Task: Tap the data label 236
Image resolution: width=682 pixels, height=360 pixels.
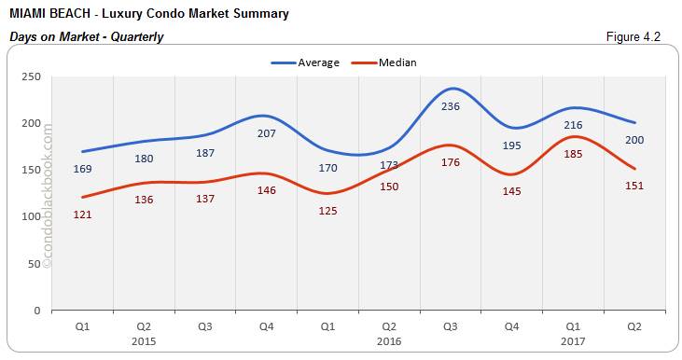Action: coord(451,106)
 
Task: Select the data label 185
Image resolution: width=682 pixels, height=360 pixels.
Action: coord(575,155)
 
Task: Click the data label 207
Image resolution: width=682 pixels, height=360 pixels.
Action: coord(266,134)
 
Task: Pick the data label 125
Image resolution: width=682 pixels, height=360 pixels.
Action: coord(327,211)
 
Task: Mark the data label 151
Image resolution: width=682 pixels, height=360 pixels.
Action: coord(635,186)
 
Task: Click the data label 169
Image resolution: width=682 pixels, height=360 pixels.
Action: coord(83,170)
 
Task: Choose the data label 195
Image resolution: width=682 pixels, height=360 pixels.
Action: coord(512,145)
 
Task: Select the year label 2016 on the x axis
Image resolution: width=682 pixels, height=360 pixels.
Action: coord(389,342)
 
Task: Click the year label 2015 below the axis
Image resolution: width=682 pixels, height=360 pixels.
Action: coord(144,342)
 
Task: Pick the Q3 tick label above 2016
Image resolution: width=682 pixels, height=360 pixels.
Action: coord(451,327)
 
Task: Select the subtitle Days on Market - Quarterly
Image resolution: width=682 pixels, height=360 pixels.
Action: coord(86,37)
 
